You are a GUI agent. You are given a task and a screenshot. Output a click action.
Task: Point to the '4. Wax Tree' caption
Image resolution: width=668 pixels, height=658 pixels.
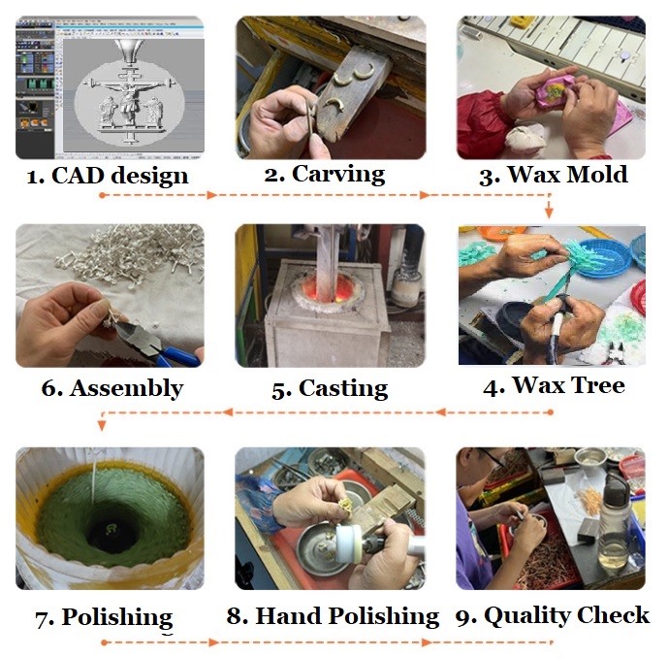pyautogui.click(x=554, y=385)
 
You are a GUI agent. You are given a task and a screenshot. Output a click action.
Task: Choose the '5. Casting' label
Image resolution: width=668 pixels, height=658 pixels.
pyautogui.click(x=329, y=388)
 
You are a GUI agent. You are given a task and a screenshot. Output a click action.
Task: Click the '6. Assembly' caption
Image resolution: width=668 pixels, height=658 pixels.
pyautogui.click(x=111, y=388)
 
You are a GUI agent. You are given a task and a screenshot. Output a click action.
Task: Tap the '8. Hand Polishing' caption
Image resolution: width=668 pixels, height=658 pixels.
pyautogui.click(x=333, y=615)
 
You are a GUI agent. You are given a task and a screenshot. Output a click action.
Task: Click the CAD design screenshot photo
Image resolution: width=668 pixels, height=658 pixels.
pyautogui.click(x=110, y=87)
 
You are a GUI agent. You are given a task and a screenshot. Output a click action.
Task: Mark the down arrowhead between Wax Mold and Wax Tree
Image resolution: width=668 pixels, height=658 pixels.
pyautogui.click(x=549, y=211)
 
